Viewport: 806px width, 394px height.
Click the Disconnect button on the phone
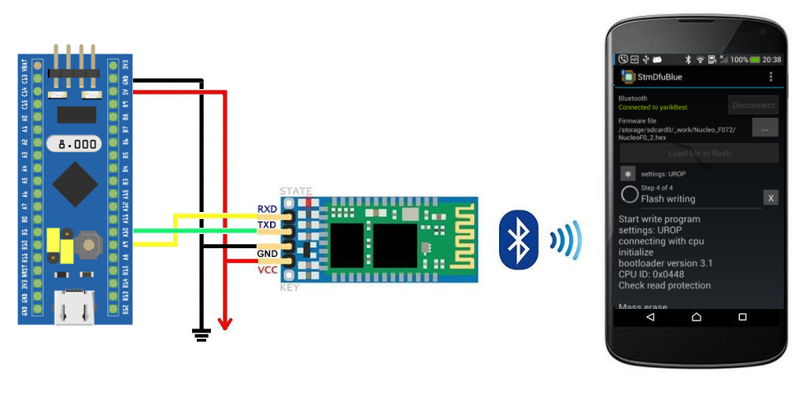(753, 105)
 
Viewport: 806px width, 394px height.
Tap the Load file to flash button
(699, 153)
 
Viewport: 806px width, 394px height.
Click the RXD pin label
(267, 210)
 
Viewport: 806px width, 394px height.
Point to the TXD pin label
(267, 225)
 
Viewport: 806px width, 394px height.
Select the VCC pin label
(267, 269)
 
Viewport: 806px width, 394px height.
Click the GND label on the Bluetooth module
(267, 254)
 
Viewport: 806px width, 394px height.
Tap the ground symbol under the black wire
(202, 336)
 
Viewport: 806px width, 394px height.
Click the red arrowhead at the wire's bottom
(225, 324)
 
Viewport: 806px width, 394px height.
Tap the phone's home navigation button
(696, 317)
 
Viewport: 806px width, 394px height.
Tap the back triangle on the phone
(650, 317)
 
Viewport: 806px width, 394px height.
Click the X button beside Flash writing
(771, 197)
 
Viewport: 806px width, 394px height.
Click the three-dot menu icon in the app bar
(771, 76)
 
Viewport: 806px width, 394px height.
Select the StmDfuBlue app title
(660, 77)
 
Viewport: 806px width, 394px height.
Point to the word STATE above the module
(296, 191)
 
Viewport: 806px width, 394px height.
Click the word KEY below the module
(289, 288)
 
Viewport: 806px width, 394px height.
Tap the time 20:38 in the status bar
(771, 59)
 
